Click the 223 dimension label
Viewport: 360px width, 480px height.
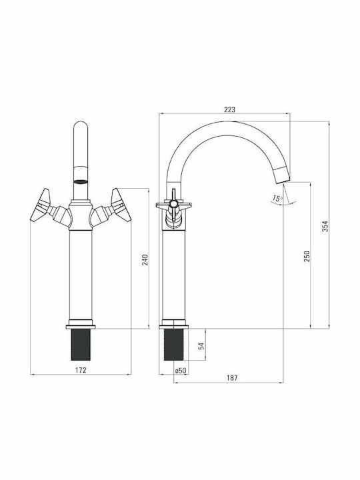pos(229,109)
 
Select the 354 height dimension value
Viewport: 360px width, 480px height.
pos(325,226)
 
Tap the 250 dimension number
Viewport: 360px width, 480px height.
pos(307,256)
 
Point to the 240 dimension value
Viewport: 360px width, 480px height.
pos(145,260)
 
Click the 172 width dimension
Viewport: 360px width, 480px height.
pos(81,370)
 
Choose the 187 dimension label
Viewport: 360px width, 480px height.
pos(232,378)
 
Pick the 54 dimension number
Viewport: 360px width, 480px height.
pos(201,346)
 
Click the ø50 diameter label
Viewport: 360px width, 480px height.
pos(181,371)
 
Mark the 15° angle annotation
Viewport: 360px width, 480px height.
pos(277,199)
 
